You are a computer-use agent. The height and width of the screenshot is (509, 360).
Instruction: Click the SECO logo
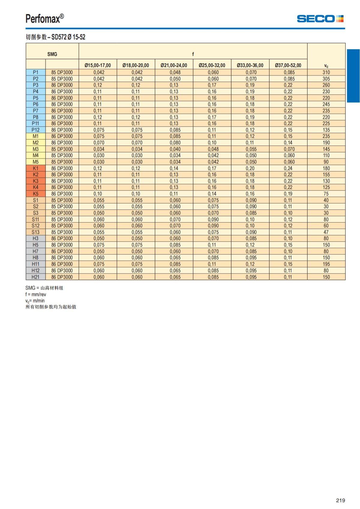[320, 19]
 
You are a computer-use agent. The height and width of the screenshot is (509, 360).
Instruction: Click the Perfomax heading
[44, 19]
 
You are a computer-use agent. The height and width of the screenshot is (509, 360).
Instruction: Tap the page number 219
[340, 500]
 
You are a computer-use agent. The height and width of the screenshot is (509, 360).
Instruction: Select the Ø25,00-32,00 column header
[212, 65]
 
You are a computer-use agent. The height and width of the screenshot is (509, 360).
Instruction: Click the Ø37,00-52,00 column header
[288, 65]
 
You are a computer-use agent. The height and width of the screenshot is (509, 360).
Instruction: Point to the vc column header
[326, 66]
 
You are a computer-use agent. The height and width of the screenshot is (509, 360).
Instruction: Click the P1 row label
[36, 72]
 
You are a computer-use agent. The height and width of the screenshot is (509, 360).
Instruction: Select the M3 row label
[36, 149]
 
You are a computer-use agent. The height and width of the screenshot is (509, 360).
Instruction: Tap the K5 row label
[36, 194]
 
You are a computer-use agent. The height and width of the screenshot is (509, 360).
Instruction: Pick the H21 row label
[36, 277]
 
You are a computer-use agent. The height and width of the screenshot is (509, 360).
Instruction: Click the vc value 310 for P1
[326, 72]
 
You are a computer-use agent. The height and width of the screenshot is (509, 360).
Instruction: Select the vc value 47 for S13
[326, 232]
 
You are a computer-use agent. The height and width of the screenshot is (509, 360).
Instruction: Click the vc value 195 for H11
[326, 264]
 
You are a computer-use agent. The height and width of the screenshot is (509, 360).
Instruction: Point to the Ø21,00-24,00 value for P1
[175, 72]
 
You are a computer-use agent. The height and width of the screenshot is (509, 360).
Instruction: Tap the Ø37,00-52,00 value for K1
[288, 168]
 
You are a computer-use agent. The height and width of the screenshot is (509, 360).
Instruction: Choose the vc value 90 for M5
[326, 162]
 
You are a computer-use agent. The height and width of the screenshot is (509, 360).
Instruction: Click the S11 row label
[36, 219]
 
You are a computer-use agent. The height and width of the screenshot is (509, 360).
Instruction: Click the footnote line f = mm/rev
[36, 295]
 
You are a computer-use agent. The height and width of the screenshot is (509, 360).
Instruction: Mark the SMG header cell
[52, 54]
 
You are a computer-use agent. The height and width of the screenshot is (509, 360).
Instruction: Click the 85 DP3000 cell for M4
[62, 155]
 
